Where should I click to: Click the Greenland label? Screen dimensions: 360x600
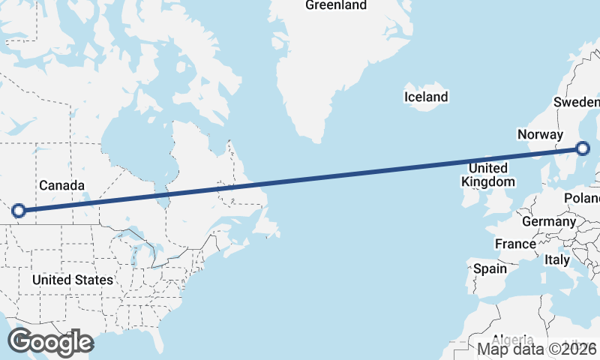pos(336,5)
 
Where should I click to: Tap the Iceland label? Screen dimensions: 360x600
pos(425,97)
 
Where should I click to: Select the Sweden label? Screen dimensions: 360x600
pos(577,102)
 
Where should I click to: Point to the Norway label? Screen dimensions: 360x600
pos(540,134)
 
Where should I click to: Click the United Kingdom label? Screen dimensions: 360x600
pos(487,175)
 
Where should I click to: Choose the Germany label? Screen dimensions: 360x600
pos(548,221)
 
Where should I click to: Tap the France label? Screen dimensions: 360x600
pos(515,244)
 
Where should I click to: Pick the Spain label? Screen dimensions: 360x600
pos(489,268)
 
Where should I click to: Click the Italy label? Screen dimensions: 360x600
pos(557,259)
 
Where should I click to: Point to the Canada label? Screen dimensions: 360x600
pos(61,185)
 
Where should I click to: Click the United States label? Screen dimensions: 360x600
pos(73,280)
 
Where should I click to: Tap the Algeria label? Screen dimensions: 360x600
pos(513,339)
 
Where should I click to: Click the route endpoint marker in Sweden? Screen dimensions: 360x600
pos(582,148)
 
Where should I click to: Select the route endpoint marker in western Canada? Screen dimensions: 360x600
pos(19,211)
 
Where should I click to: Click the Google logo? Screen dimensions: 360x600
pos(50,342)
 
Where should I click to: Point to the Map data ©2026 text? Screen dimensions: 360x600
pos(538,349)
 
